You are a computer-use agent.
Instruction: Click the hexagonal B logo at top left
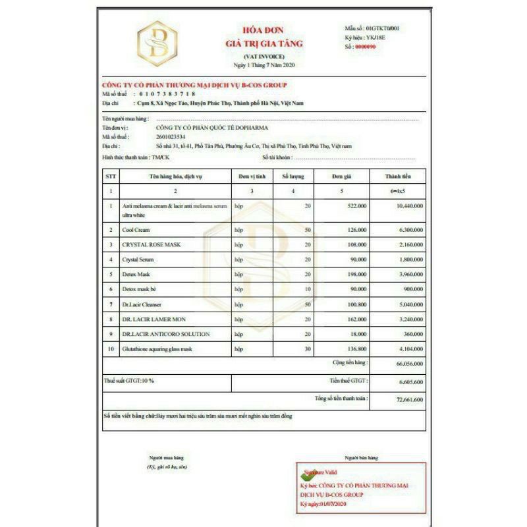click(161, 44)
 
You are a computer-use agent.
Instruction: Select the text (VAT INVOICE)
click(263, 57)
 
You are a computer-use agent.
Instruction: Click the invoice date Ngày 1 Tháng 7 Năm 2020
click(263, 66)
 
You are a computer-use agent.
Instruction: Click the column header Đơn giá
click(342, 177)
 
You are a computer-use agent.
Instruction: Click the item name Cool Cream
click(136, 230)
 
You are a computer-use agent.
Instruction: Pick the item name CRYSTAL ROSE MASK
click(151, 244)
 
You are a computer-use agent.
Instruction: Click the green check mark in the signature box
click(306, 474)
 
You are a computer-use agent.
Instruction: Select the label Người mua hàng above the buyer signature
click(165, 457)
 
